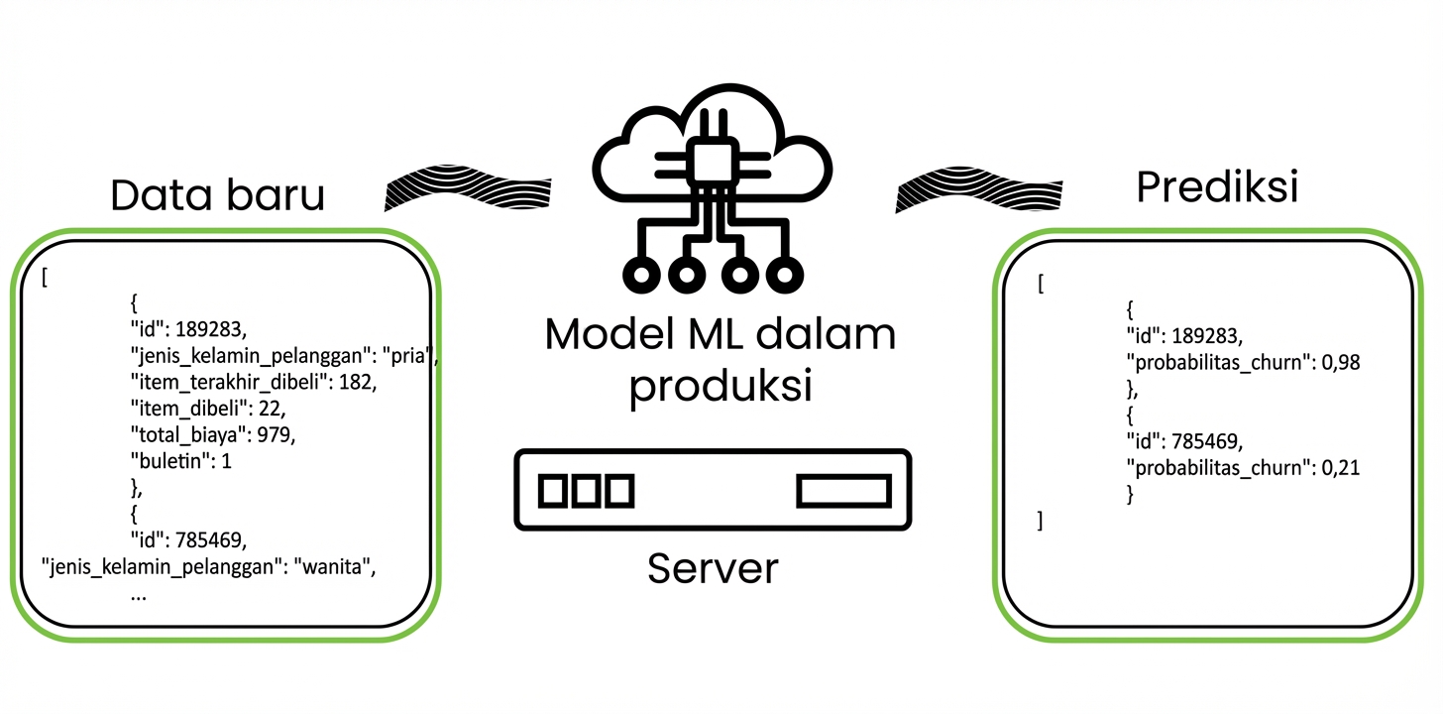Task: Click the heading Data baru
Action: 217,195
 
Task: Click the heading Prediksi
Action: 1217,186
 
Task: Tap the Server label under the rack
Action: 713,568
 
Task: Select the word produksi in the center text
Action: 721,387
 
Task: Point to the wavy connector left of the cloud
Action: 466,188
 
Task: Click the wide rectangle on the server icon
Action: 844,490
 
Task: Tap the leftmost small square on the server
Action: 550,490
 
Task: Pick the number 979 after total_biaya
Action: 277,434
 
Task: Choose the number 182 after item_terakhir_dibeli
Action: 357,382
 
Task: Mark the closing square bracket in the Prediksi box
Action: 1040,520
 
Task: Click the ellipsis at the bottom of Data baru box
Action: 139,595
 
